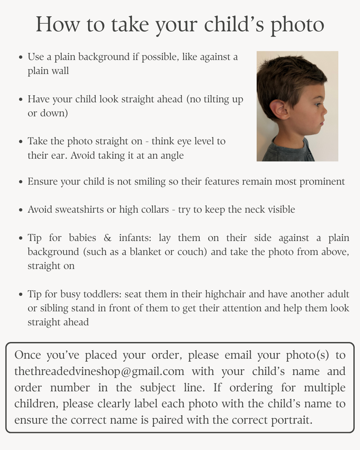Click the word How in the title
[x=58, y=24]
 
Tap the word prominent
[x=322, y=181]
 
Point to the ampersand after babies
[x=107, y=238]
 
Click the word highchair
[x=226, y=294]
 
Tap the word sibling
[x=53, y=308]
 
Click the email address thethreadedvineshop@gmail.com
[x=99, y=371]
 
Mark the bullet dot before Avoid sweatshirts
[x=21, y=210]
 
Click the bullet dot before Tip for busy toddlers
[x=21, y=295]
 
